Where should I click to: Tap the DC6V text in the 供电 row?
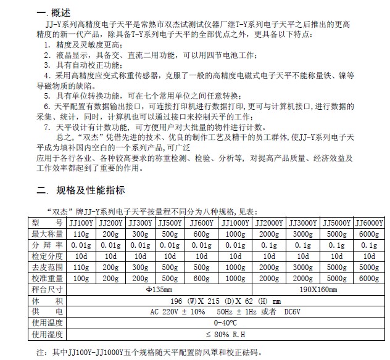[301, 311]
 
